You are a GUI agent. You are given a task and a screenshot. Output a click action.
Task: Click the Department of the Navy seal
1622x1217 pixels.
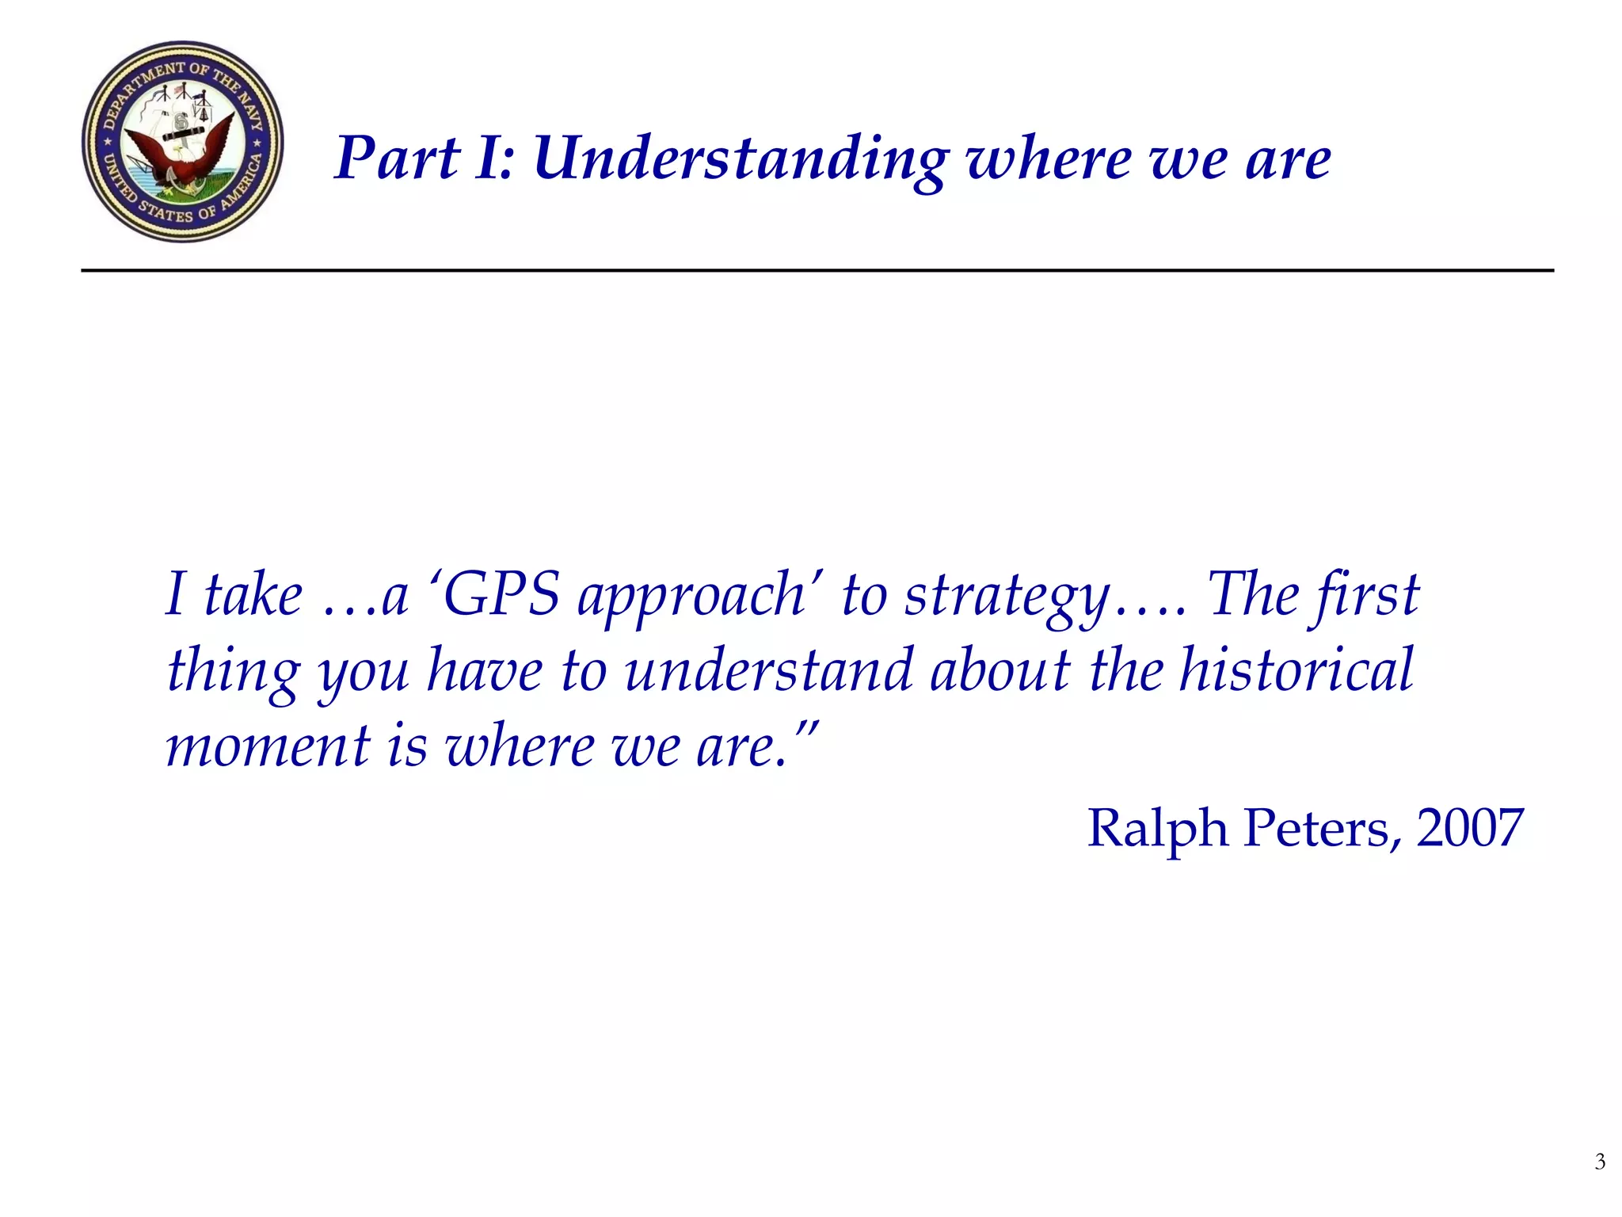182,142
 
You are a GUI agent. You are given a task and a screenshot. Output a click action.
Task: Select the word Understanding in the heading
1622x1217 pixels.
740,159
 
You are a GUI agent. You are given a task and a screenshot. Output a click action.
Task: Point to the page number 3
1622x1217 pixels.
1600,1162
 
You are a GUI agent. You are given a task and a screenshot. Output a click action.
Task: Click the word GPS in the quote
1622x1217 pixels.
501,594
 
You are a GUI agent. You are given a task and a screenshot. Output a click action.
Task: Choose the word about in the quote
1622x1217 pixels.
1000,670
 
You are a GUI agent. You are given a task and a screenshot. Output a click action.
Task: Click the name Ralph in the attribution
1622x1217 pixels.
1157,829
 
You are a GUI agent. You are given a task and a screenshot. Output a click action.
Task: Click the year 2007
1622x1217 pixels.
1469,829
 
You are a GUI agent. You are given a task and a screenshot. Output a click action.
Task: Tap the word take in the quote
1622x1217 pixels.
253,594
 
